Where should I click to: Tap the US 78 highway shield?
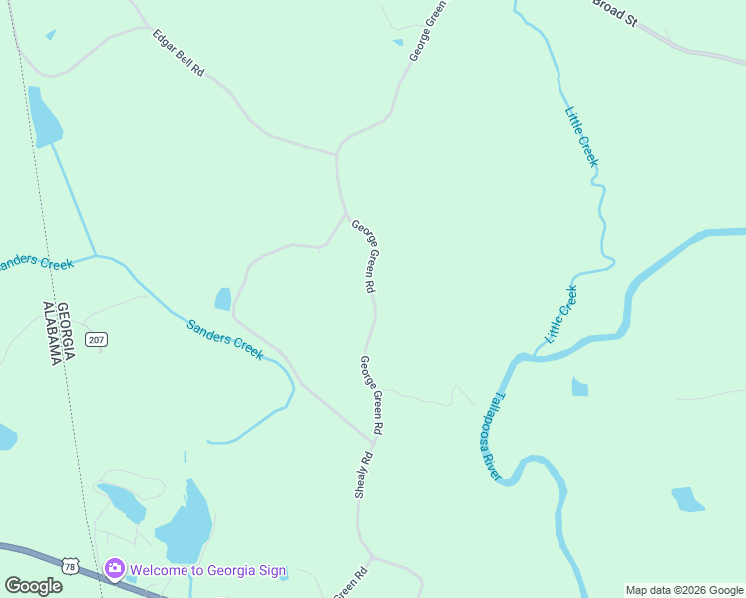tap(69, 566)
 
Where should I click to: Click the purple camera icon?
tap(115, 569)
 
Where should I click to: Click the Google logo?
tap(33, 586)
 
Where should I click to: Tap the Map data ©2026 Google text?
tap(685, 590)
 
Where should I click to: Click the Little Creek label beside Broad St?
tap(582, 136)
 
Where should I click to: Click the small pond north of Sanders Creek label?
tap(223, 299)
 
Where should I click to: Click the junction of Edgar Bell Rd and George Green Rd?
tap(338, 155)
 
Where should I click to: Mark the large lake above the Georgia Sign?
tap(185, 528)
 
